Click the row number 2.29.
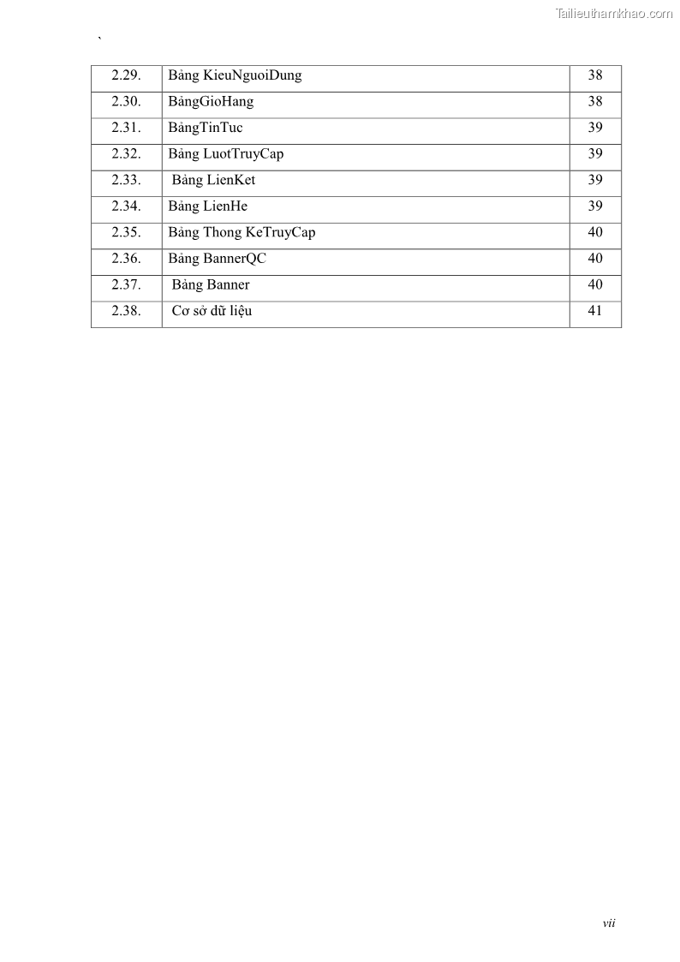[x=126, y=75]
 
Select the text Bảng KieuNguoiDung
[x=235, y=75]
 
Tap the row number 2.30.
[x=126, y=102]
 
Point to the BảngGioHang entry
[x=211, y=102]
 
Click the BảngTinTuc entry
[x=206, y=128]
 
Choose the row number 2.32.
[x=126, y=154]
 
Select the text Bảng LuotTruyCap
[x=226, y=154]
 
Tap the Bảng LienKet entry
[x=213, y=180]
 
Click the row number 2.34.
[x=126, y=206]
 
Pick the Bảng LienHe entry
[x=208, y=206]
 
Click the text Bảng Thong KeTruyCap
[x=242, y=232]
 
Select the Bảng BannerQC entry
[x=218, y=259]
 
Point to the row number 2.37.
[x=126, y=284]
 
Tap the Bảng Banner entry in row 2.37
[x=211, y=284]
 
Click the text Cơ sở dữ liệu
[x=212, y=311]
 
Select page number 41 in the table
[x=595, y=311]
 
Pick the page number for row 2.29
[x=595, y=75]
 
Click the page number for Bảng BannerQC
[x=595, y=259]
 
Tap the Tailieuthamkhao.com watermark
[x=614, y=14]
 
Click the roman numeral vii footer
[x=609, y=923]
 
